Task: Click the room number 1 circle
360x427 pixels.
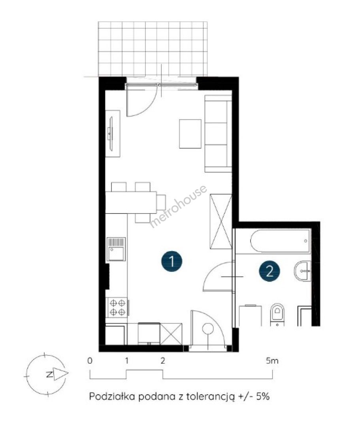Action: click(x=172, y=261)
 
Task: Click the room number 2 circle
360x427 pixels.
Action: click(x=270, y=271)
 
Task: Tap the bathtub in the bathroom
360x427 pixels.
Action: click(x=280, y=241)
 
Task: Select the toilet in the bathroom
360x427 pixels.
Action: click(x=277, y=315)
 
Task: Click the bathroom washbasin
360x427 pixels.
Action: click(x=302, y=271)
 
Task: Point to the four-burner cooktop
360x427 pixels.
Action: click(x=117, y=307)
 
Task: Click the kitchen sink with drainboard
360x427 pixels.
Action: click(x=116, y=249)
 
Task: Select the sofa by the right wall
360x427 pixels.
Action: click(x=218, y=134)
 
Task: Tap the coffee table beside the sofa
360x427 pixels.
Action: click(x=190, y=134)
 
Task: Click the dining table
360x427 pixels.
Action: click(x=131, y=202)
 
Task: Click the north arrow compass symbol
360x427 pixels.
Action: click(x=46, y=374)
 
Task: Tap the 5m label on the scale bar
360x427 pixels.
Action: click(x=272, y=361)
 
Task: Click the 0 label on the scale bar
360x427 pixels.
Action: click(x=90, y=361)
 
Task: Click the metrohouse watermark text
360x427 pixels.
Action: click(x=178, y=206)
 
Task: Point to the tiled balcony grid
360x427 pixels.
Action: click(x=153, y=49)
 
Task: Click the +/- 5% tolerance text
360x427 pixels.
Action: click(x=254, y=396)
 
